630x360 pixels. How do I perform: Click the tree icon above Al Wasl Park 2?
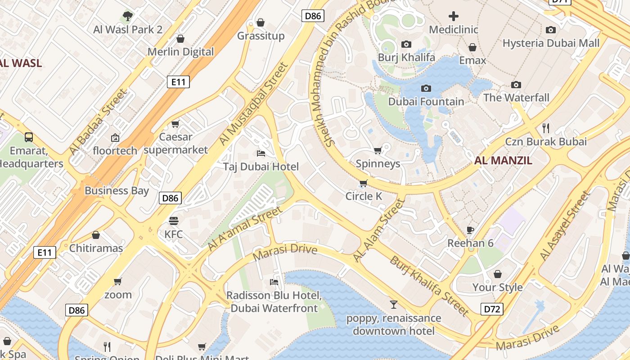click(x=128, y=16)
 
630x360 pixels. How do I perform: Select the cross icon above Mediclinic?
click(x=454, y=17)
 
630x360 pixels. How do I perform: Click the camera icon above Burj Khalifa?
click(x=406, y=44)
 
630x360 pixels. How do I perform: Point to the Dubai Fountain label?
click(x=426, y=102)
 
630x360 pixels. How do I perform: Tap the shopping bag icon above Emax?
click(x=472, y=47)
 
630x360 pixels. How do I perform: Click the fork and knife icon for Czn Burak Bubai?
click(x=546, y=128)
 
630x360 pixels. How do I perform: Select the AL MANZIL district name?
click(x=503, y=161)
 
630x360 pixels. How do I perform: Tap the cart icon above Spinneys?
click(x=378, y=150)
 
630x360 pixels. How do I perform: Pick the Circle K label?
click(x=364, y=196)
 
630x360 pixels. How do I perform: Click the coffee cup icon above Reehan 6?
click(x=470, y=230)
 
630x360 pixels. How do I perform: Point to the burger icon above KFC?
click(x=174, y=221)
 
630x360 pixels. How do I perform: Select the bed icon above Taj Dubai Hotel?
click(x=261, y=153)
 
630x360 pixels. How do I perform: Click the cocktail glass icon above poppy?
click(x=394, y=305)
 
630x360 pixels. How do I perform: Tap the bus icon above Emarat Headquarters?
click(x=29, y=137)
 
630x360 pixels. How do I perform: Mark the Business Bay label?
click(x=117, y=190)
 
